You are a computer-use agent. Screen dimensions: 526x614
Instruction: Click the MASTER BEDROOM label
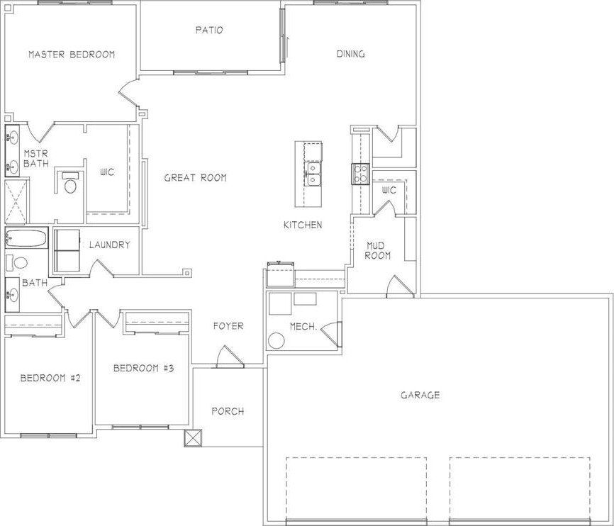71,54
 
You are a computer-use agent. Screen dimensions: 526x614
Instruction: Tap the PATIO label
209,30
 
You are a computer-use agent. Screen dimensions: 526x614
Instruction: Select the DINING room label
350,54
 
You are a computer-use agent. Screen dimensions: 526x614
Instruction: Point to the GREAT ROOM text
195,178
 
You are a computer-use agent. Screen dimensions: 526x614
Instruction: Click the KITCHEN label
303,225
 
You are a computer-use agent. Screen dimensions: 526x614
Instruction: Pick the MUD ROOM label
377,250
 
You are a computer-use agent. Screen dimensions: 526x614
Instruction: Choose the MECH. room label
302,326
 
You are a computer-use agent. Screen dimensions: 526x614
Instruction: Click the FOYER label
228,326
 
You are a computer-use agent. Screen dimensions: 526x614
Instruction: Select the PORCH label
228,411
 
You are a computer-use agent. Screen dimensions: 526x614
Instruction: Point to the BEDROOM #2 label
50,378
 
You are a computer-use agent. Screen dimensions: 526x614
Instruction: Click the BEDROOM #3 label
144,368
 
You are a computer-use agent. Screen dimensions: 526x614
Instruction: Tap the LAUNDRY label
109,245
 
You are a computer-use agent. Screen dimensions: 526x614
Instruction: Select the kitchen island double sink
313,173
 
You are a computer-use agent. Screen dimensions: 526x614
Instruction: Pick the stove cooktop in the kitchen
359,173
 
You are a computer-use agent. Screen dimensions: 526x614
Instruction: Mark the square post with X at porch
193,438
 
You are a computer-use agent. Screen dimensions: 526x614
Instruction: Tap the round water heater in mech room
277,340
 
